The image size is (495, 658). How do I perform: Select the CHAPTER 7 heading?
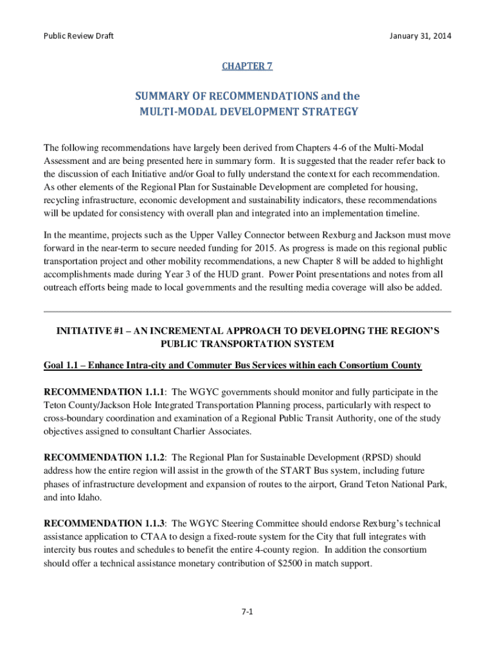click(247, 66)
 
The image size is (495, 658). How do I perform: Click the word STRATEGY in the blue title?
click(332, 112)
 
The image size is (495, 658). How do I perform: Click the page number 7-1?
click(248, 612)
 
